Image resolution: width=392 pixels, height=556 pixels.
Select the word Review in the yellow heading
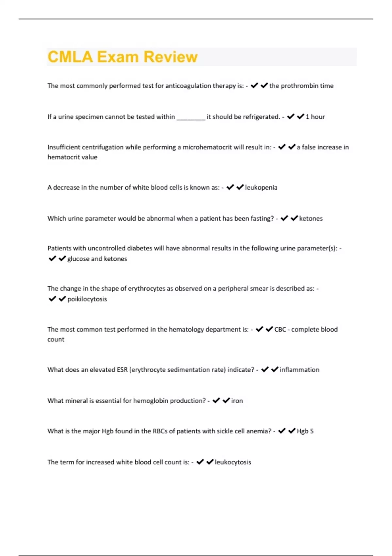170,57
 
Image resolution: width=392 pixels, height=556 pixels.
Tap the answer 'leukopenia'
261,187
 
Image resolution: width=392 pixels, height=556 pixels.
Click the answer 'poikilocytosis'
87,299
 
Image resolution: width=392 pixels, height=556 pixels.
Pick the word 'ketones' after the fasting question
311,218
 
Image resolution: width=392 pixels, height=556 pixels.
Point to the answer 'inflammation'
299,370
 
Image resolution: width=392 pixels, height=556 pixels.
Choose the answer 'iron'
237,401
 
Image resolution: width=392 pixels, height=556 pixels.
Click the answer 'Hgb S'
305,431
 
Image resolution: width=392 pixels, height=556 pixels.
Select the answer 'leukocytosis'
233,462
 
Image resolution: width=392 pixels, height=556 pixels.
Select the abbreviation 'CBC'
280,329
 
